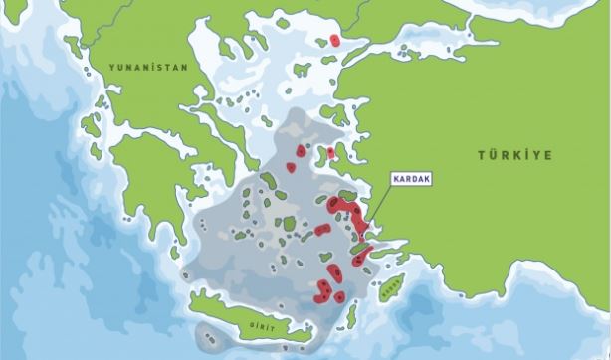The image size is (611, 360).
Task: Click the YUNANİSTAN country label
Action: [x=136, y=70]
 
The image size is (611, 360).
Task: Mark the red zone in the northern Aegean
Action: [x=335, y=41]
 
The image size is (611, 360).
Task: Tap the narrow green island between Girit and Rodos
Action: [x=351, y=317]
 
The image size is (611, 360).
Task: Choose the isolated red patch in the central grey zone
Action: [x=321, y=230]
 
